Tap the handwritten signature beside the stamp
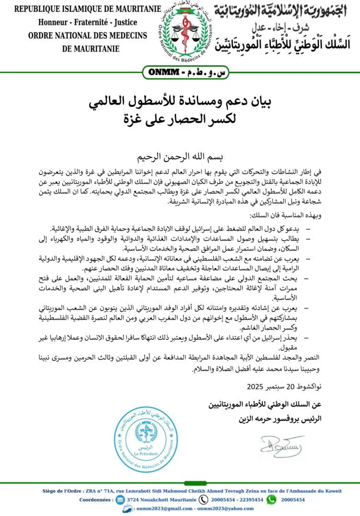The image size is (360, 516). [282, 445]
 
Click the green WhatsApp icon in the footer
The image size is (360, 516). [272, 499]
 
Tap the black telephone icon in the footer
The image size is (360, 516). [204, 499]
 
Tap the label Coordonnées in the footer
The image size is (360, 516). [95, 499]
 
